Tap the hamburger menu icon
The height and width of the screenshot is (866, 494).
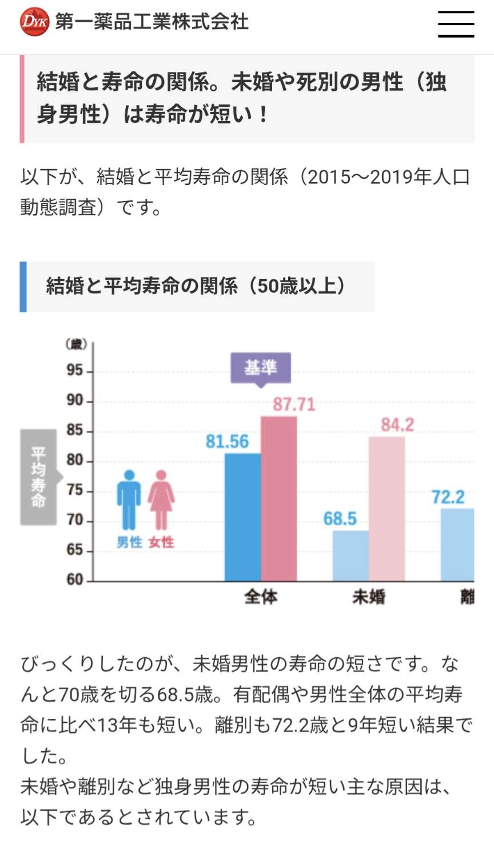pos(456,23)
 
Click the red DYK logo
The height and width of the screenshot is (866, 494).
pos(34,22)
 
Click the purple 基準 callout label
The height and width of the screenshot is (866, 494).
pos(261,368)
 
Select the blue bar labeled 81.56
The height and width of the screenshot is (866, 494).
pos(243,517)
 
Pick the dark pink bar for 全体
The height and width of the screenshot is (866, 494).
pos(279,498)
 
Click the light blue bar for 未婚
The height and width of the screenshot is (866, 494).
pos(350,555)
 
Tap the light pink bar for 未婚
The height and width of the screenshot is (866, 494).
pos(387,508)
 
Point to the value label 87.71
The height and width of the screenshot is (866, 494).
pos(294,405)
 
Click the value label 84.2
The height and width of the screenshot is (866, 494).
pos(397,425)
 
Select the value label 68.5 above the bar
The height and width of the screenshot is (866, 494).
pos(340,519)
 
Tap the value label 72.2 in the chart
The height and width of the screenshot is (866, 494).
pos(448,497)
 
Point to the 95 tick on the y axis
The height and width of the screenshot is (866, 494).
pos(75,370)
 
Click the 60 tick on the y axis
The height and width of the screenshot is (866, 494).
pos(75,579)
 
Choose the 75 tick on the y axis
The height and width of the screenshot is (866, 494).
pos(75,490)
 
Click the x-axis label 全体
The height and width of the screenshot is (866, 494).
pos(261,597)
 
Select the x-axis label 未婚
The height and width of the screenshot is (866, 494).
pos(369,597)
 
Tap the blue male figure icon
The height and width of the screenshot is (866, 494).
pos(129,500)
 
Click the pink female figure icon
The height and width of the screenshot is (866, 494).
pos(161,500)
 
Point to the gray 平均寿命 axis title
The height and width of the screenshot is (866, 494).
pos(38,477)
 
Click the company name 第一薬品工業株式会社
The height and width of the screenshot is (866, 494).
pos(152,22)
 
